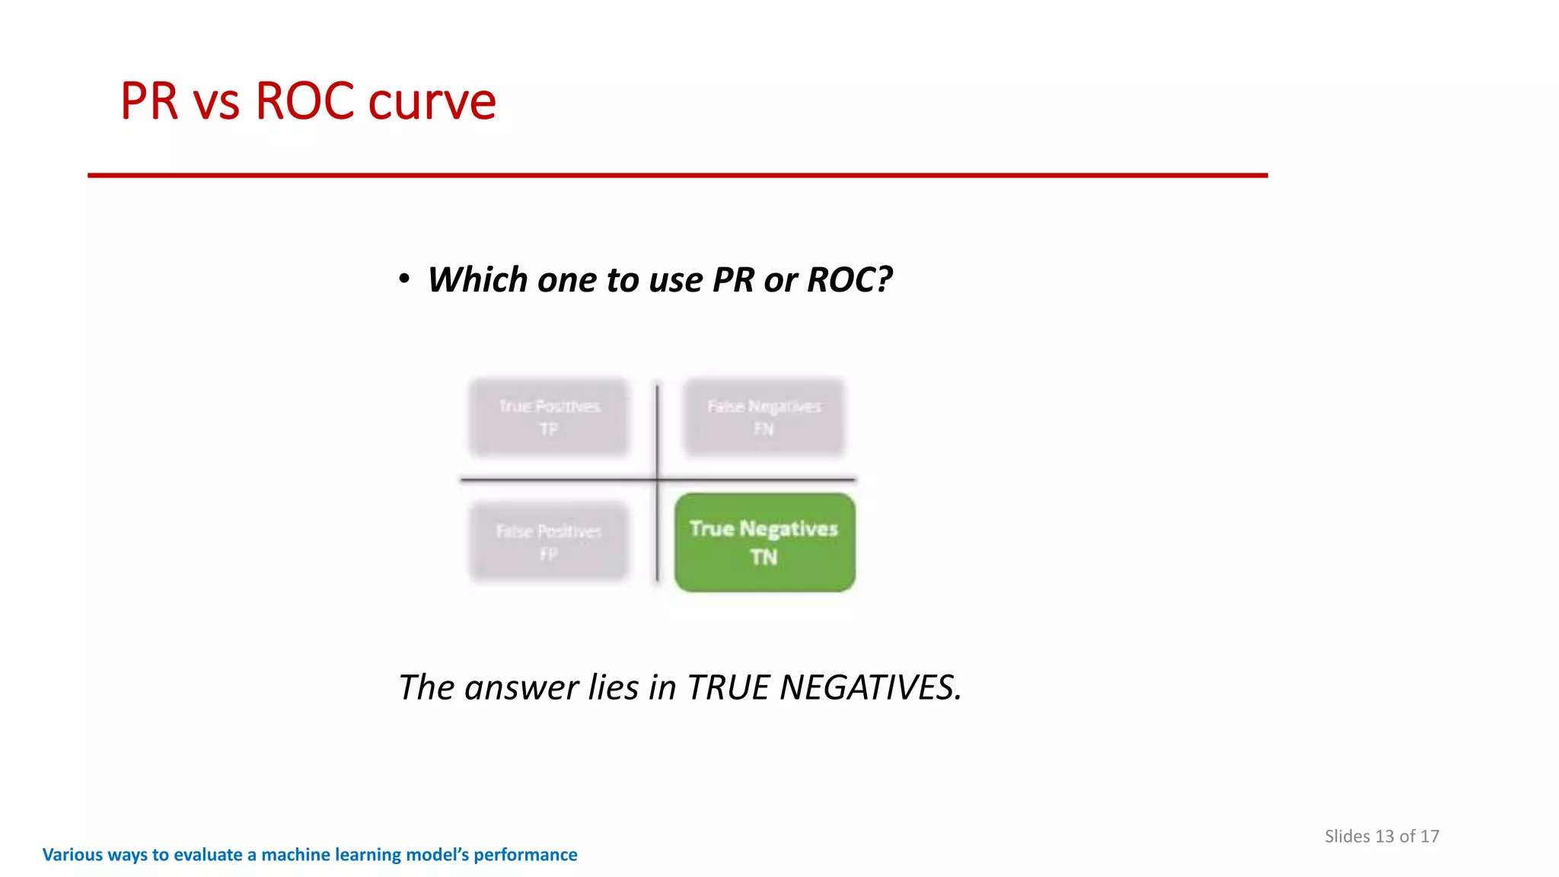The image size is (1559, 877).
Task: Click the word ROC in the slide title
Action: [x=304, y=101]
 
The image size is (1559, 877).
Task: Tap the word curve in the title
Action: [x=432, y=101]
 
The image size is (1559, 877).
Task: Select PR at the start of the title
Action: [x=149, y=101]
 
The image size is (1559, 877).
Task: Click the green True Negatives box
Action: [x=764, y=542]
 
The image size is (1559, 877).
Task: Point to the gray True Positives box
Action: [x=549, y=417]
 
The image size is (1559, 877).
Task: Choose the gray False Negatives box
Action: [x=764, y=417]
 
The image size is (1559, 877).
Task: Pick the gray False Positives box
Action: [x=549, y=541]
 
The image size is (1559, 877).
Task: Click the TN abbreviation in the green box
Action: [x=764, y=558]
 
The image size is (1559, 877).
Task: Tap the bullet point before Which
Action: [x=404, y=279]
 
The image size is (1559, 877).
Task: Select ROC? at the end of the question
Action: [x=849, y=279]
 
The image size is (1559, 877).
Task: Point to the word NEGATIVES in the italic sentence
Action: [x=870, y=687]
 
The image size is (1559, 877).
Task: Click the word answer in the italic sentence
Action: [x=521, y=687]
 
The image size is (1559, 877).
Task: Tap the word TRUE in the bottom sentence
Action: [x=729, y=687]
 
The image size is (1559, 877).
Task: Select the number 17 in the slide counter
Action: [x=1430, y=836]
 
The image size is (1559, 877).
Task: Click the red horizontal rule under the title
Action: [x=677, y=175]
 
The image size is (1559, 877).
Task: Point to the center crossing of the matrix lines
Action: [x=658, y=480]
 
